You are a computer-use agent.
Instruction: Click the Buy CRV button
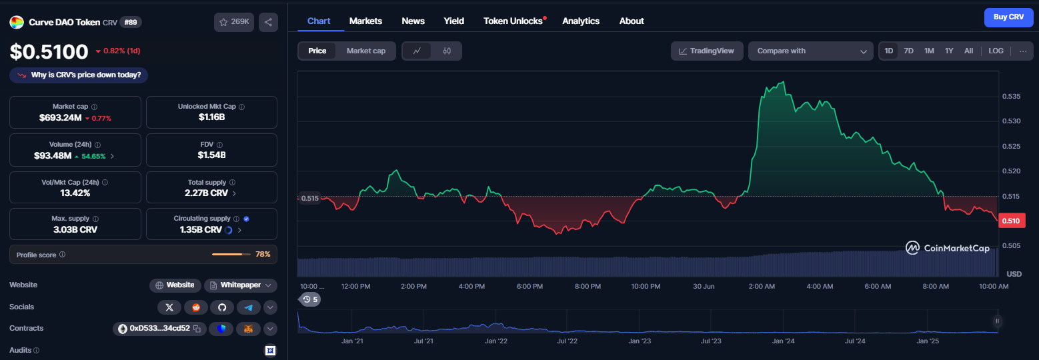point(1008,17)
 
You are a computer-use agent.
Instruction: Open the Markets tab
point(365,21)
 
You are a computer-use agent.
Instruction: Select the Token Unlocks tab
point(513,21)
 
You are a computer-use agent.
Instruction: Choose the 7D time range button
point(909,51)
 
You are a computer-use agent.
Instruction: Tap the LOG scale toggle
point(996,51)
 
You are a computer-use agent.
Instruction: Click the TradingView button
point(707,51)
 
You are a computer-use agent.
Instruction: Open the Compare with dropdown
point(811,51)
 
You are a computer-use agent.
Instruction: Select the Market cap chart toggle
point(366,51)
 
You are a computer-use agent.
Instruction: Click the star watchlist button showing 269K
point(234,22)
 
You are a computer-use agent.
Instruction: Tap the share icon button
point(268,22)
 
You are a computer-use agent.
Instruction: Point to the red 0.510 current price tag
point(1011,221)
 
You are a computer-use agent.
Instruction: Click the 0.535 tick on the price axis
point(1011,97)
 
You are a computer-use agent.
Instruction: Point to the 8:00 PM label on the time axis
point(588,286)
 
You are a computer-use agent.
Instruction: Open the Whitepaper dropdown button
point(241,285)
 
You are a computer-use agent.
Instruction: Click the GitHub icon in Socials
point(222,307)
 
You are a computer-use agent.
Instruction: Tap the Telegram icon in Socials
point(249,307)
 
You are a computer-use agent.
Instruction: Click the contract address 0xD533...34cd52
point(159,329)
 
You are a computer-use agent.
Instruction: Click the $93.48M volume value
point(53,156)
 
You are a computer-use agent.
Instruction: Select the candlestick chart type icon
point(447,51)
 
